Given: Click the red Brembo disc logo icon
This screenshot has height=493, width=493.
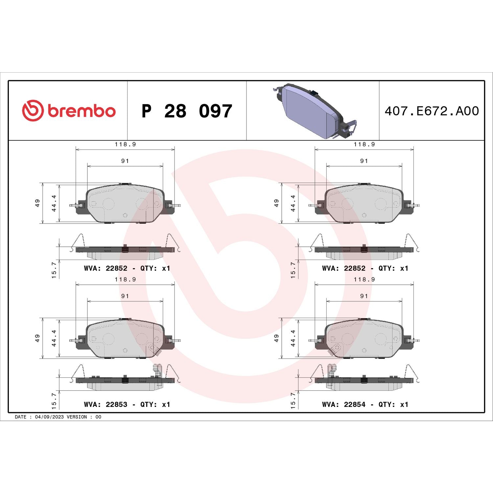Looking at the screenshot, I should coord(33,110).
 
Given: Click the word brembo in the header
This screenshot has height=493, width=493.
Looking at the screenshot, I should coord(82,111).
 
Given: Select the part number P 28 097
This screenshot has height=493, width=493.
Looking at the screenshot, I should coord(187,111).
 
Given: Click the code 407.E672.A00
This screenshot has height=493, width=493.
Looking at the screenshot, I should coord(432,111).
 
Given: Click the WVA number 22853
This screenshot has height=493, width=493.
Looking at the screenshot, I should coord(116,405).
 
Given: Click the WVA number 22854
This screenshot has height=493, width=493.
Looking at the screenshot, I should coord(355,405).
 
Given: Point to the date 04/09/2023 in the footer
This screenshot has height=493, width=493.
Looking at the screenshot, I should coord(49,417).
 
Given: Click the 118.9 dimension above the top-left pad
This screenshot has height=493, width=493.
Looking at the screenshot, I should coord(125,144).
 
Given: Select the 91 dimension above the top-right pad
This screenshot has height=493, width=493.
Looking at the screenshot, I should coord(364,161).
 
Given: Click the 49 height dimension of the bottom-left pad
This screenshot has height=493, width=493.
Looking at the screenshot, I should coord(37,338).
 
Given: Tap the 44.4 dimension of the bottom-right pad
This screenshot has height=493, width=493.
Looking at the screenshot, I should coord(293,338).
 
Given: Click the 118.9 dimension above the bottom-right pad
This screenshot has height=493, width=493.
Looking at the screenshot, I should coord(364,279).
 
